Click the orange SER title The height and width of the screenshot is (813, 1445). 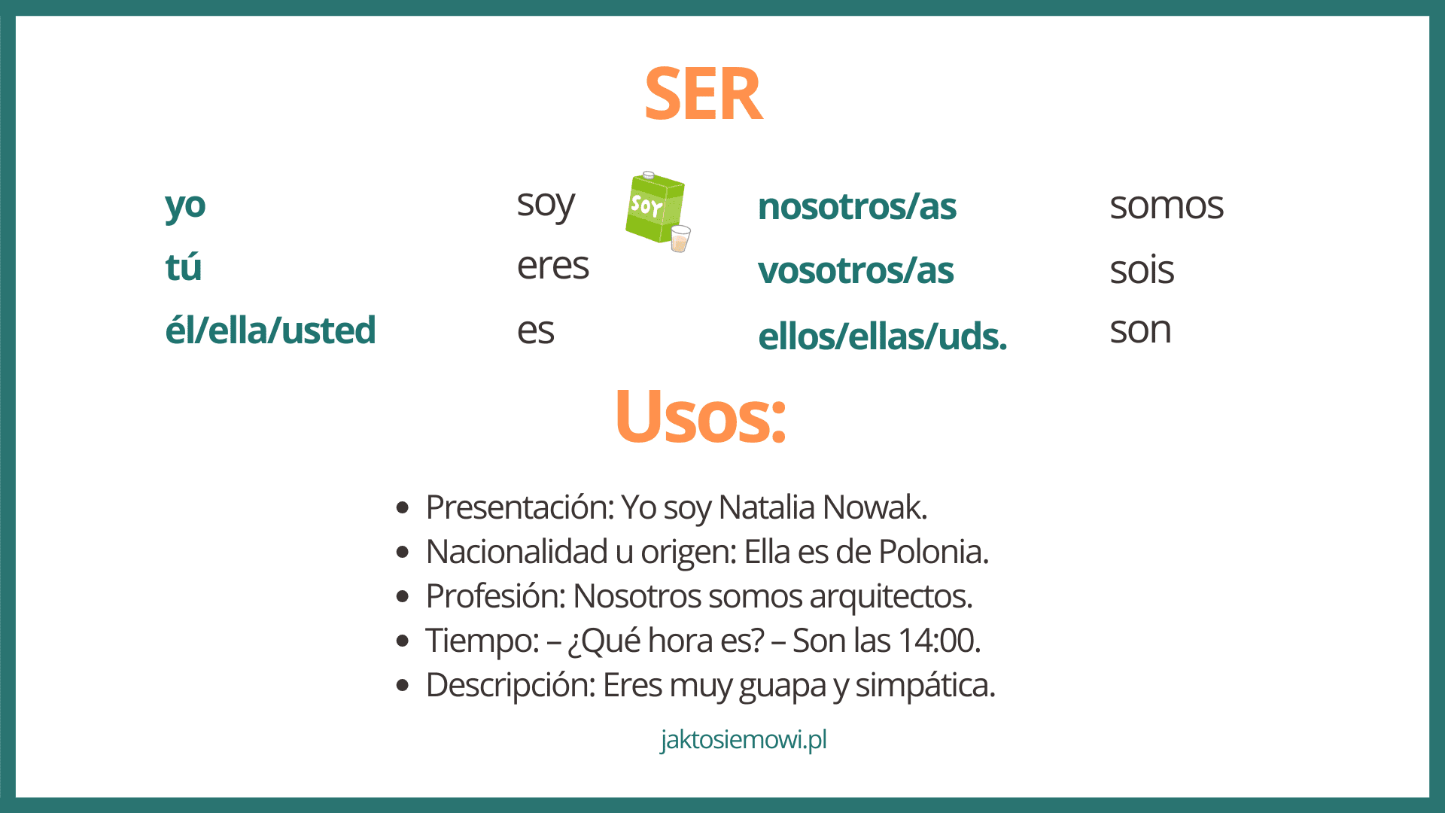(703, 94)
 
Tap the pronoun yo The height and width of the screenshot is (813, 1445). (185, 206)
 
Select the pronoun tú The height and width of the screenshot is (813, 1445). (184, 266)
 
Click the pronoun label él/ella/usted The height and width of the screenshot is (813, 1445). (270, 330)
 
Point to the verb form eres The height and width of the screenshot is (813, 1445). (552, 266)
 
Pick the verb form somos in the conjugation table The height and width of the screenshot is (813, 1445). (1167, 206)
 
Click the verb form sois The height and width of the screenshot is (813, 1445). (1142, 269)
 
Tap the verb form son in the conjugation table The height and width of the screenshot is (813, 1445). (1140, 330)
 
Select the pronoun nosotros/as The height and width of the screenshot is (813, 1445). (857, 206)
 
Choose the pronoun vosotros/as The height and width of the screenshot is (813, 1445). (856, 270)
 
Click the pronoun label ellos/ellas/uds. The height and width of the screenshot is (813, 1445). (882, 336)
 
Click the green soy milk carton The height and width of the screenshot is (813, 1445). (654, 206)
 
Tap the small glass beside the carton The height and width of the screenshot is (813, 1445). (680, 239)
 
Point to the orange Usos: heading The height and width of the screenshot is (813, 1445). (701, 416)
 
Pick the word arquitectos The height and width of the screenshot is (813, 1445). (891, 597)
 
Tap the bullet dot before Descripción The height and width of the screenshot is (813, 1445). (403, 685)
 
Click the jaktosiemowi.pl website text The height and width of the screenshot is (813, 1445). (744, 740)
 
